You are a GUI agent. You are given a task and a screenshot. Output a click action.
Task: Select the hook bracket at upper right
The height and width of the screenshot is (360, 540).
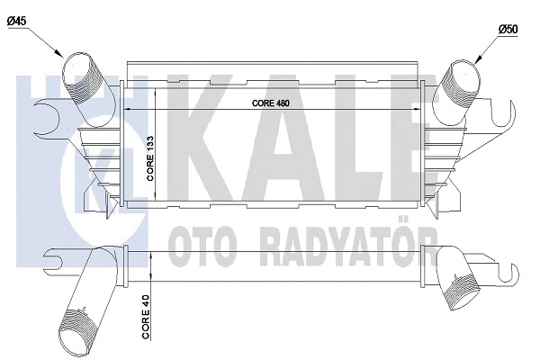pos(506,114)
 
